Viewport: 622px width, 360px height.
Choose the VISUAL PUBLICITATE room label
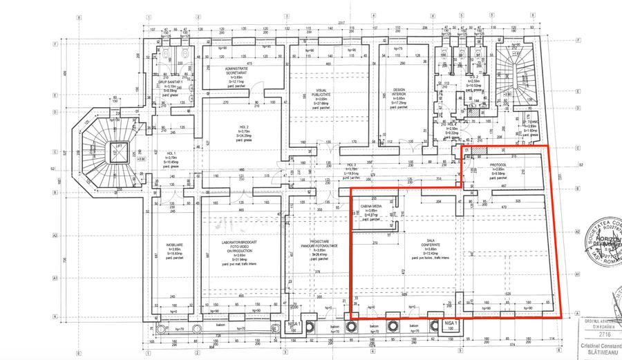click(321, 93)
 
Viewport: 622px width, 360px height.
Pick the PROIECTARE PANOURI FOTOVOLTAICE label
click(317, 246)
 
